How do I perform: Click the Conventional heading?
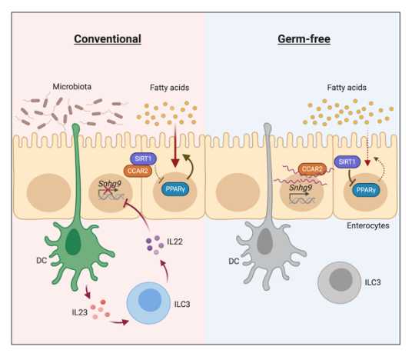click(108, 39)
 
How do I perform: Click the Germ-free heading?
click(304, 39)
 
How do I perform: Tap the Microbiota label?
click(72, 86)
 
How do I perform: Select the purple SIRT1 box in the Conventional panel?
click(144, 158)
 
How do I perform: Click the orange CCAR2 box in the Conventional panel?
click(138, 171)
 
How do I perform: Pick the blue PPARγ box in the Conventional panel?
click(175, 189)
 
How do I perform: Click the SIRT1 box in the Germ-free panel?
click(347, 162)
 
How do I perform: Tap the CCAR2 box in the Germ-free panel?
click(312, 168)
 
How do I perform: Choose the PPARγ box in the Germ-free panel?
click(366, 190)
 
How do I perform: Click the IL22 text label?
click(174, 242)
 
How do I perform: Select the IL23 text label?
click(80, 312)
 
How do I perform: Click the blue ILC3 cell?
click(148, 303)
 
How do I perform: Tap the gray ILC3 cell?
click(340, 282)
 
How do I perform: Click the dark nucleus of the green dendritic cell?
click(73, 242)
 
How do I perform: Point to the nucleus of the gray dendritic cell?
click(265, 242)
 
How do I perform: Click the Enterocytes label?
click(368, 225)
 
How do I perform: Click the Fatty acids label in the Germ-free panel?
click(347, 87)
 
